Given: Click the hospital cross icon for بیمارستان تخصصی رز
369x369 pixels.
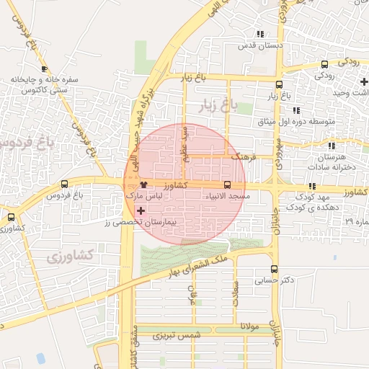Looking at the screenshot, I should (x=141, y=210).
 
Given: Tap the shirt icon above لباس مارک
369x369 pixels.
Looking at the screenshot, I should (x=143, y=185).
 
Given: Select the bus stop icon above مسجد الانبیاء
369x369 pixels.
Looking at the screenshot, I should (x=228, y=185).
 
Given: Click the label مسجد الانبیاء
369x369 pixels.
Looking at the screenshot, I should (x=228, y=196).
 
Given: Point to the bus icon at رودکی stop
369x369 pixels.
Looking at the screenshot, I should (x=324, y=65).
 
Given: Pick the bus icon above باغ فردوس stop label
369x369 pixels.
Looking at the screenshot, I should (x=65, y=184).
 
